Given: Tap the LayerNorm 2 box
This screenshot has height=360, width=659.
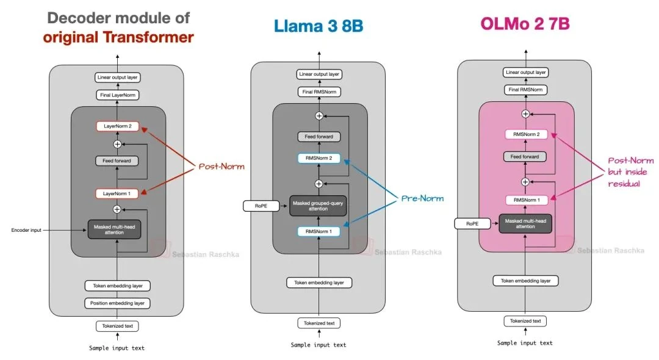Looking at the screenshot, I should tap(117, 127).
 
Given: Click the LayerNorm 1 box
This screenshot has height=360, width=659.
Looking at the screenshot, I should tap(117, 193).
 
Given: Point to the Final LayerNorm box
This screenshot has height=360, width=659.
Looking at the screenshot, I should tap(117, 95).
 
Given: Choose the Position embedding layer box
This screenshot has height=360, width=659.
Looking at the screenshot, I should tap(117, 303).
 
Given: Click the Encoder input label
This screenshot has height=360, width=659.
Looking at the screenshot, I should tap(26, 230).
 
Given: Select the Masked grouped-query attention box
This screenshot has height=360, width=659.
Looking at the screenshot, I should tap(319, 206).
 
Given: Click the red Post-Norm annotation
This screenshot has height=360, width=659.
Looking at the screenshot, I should tap(221, 166).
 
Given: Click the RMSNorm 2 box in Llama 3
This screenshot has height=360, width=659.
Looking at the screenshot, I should tap(319, 159).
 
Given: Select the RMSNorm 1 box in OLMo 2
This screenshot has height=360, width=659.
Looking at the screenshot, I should tap(525, 200).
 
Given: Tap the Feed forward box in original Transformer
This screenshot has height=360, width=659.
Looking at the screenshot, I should tap(117, 161).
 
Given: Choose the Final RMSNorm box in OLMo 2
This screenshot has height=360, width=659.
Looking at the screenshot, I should tap(525, 90).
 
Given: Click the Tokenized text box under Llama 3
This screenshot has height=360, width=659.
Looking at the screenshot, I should tap(319, 323).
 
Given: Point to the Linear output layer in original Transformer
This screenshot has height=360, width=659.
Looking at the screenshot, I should tap(117, 77).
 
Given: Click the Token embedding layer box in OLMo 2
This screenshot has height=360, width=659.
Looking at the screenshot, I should tap(525, 281).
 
